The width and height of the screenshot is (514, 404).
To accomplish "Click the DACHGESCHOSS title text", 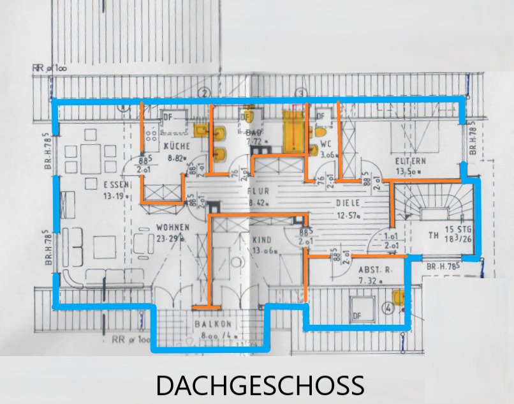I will pyautogui.click(x=260, y=385).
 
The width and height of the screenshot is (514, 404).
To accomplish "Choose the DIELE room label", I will pyautogui.click(x=348, y=203).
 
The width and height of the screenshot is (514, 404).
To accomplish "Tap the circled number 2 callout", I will pyautogui.click(x=204, y=94).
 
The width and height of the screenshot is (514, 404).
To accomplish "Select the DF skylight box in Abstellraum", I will pyautogui.click(x=357, y=315).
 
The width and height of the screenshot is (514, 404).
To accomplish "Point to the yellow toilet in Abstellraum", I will pyautogui.click(x=399, y=299).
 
